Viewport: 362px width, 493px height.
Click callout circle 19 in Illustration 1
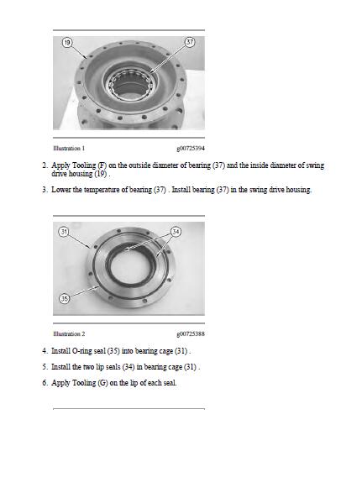pyautogui.click(x=66, y=43)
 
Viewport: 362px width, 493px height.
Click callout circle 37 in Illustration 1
pyautogui.click(x=190, y=42)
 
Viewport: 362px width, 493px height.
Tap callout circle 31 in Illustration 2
pyautogui.click(x=64, y=232)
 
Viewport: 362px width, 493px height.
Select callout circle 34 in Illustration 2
pyautogui.click(x=176, y=232)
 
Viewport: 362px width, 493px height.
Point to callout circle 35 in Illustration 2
pyautogui.click(x=64, y=298)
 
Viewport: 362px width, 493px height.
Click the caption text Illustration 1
pyautogui.click(x=69, y=148)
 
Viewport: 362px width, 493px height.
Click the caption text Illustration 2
pyautogui.click(x=69, y=333)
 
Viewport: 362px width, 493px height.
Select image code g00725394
pyautogui.click(x=191, y=149)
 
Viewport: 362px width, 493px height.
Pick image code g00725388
pyautogui.click(x=191, y=334)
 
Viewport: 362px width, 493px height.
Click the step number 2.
pyautogui.click(x=45, y=165)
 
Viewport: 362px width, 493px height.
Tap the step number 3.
pyautogui.click(x=45, y=190)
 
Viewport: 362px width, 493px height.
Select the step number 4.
pyautogui.click(x=45, y=351)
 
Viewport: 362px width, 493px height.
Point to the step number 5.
pyautogui.click(x=45, y=367)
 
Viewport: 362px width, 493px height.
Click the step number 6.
pyautogui.click(x=45, y=383)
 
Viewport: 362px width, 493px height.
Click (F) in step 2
pyautogui.click(x=102, y=165)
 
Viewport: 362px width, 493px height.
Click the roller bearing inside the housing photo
pyautogui.click(x=130, y=83)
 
